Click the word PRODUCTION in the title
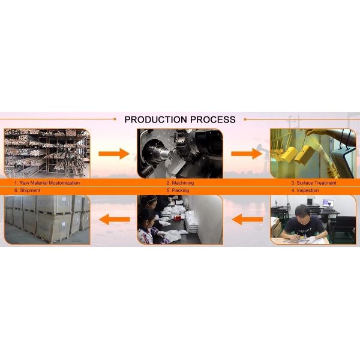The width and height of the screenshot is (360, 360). click(x=155, y=119)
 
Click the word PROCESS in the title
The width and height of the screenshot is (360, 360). click(x=213, y=119)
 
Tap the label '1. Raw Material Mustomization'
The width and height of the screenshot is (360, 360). click(x=47, y=183)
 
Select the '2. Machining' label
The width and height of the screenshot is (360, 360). click(x=180, y=183)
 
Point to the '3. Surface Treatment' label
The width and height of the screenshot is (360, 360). click(x=314, y=183)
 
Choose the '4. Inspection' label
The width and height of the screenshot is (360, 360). click(x=305, y=190)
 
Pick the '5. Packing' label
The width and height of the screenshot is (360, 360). click(x=178, y=190)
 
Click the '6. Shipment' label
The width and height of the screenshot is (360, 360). click(x=27, y=190)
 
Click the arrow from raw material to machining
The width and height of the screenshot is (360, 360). click(x=114, y=154)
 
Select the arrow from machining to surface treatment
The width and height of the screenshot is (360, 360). click(x=247, y=154)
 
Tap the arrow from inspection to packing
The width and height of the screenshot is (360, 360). click(x=247, y=219)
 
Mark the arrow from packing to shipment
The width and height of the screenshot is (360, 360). click(x=115, y=219)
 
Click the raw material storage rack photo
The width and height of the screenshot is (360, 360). click(x=47, y=154)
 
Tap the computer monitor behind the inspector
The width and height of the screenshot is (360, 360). click(x=328, y=203)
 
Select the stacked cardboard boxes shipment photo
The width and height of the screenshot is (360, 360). click(x=47, y=220)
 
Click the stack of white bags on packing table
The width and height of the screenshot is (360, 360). click(x=191, y=221)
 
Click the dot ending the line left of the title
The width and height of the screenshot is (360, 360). click(x=115, y=119)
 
